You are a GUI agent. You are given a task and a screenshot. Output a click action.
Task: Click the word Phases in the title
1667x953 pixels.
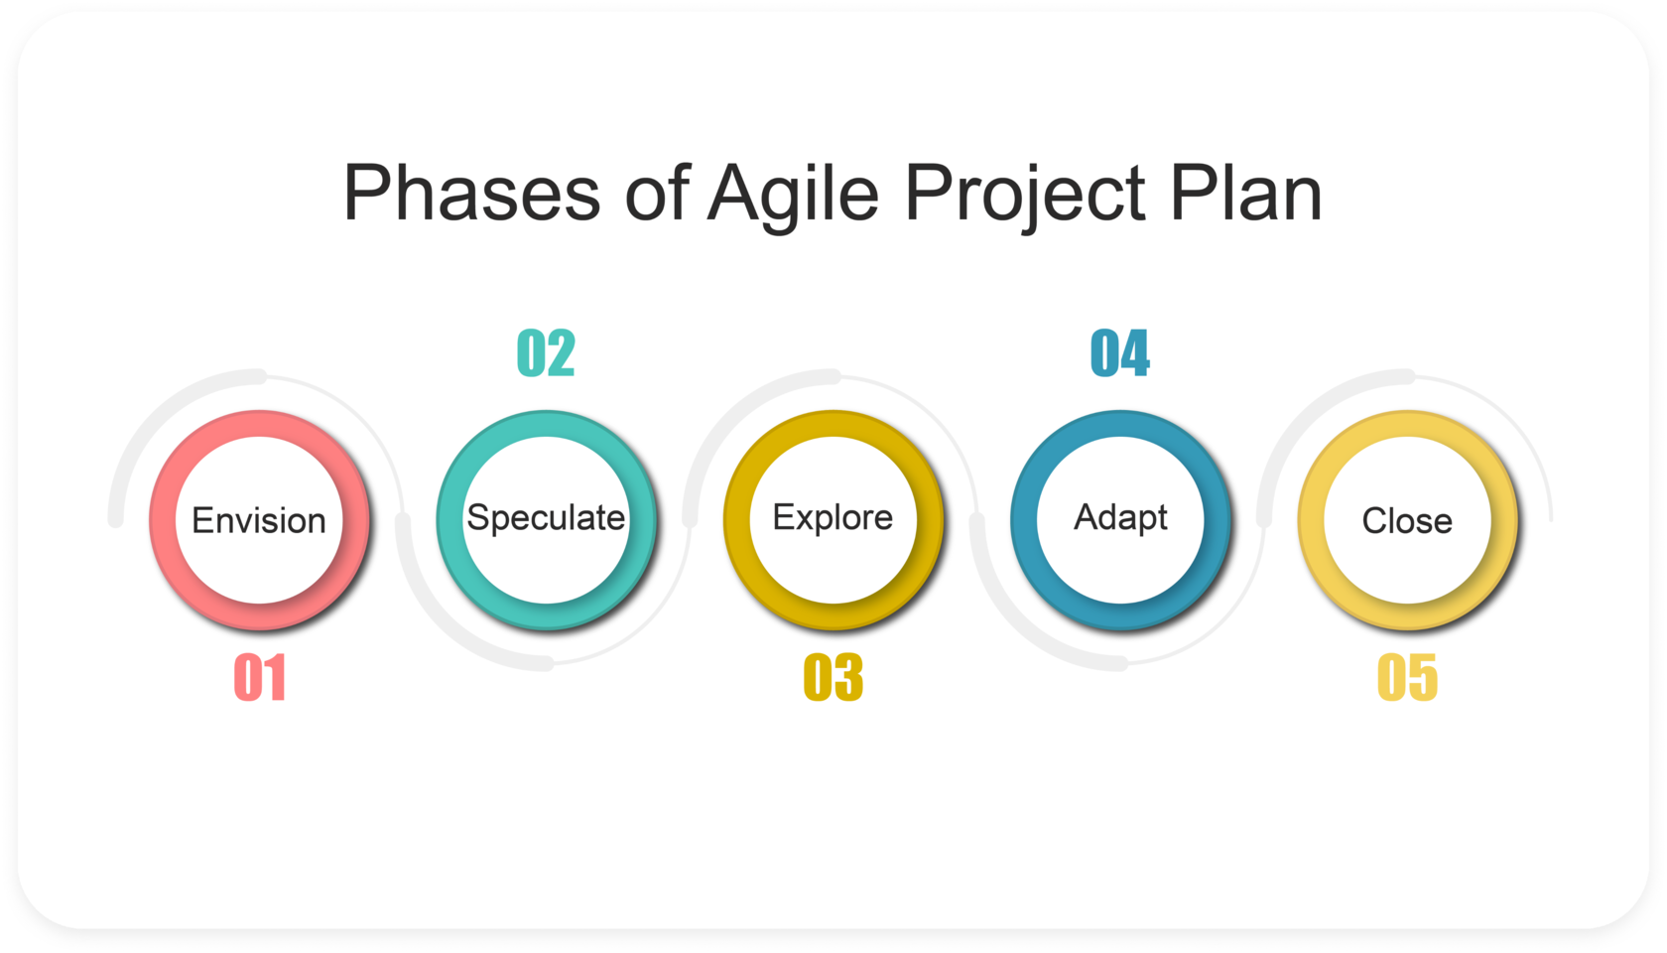(472, 193)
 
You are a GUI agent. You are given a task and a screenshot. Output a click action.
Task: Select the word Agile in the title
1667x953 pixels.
(794, 197)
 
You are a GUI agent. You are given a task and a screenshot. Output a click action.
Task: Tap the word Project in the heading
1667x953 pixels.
(1025, 197)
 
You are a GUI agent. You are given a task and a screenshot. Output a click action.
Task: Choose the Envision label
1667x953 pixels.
(259, 520)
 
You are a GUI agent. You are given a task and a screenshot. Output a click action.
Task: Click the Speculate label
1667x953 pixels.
(546, 518)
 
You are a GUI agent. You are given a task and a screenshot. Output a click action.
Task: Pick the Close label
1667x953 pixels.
(1407, 520)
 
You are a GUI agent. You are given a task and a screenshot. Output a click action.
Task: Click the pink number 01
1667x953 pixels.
(260, 677)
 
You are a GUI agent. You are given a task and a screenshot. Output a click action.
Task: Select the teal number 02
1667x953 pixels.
(546, 352)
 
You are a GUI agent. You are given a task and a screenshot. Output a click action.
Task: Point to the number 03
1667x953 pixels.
(833, 677)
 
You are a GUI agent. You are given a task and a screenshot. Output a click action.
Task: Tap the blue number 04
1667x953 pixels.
(1120, 352)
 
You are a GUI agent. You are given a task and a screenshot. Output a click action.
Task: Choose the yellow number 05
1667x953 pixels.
(1407, 677)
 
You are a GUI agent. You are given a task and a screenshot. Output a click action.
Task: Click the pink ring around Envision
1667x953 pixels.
(163, 520)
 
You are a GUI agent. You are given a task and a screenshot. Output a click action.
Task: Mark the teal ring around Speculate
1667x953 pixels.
(449, 520)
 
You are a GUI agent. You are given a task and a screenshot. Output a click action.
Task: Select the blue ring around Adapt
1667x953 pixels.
(1024, 520)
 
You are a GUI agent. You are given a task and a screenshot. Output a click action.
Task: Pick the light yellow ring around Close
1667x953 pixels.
(1312, 520)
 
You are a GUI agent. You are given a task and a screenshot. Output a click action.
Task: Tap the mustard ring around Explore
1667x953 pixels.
(736, 520)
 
